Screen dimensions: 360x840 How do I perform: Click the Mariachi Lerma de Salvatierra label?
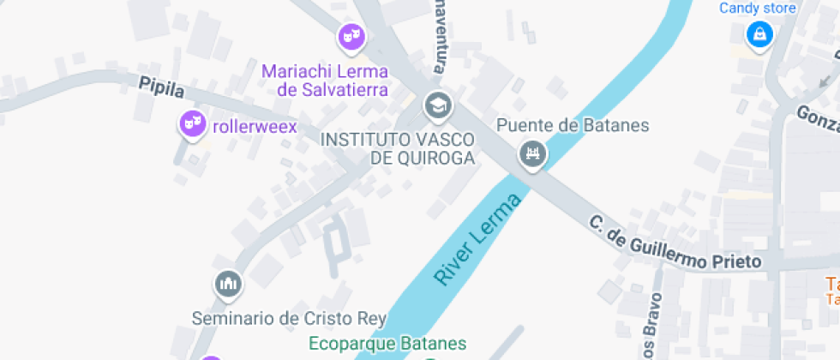click(325, 80)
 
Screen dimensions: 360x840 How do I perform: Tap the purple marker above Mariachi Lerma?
click(350, 36)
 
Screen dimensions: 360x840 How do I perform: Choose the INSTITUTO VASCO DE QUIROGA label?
click(397, 148)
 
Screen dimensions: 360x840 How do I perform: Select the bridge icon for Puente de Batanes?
click(533, 154)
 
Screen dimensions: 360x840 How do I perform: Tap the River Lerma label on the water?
click(477, 241)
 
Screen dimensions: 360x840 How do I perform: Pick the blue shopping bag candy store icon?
click(759, 34)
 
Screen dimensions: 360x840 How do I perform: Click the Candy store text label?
click(758, 9)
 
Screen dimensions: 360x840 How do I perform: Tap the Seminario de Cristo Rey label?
click(285, 318)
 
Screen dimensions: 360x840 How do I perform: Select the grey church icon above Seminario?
click(228, 283)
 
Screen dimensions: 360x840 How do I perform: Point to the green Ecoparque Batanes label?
click(387, 345)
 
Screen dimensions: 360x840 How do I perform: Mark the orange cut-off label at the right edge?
click(832, 291)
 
